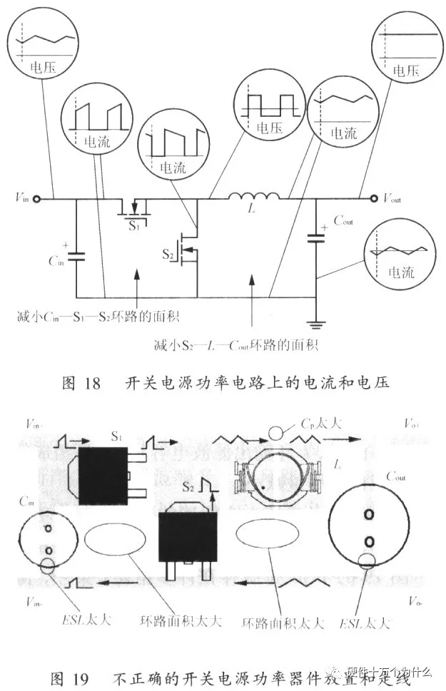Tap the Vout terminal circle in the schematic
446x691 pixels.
tap(370, 199)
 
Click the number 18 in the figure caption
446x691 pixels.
tap(93, 384)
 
